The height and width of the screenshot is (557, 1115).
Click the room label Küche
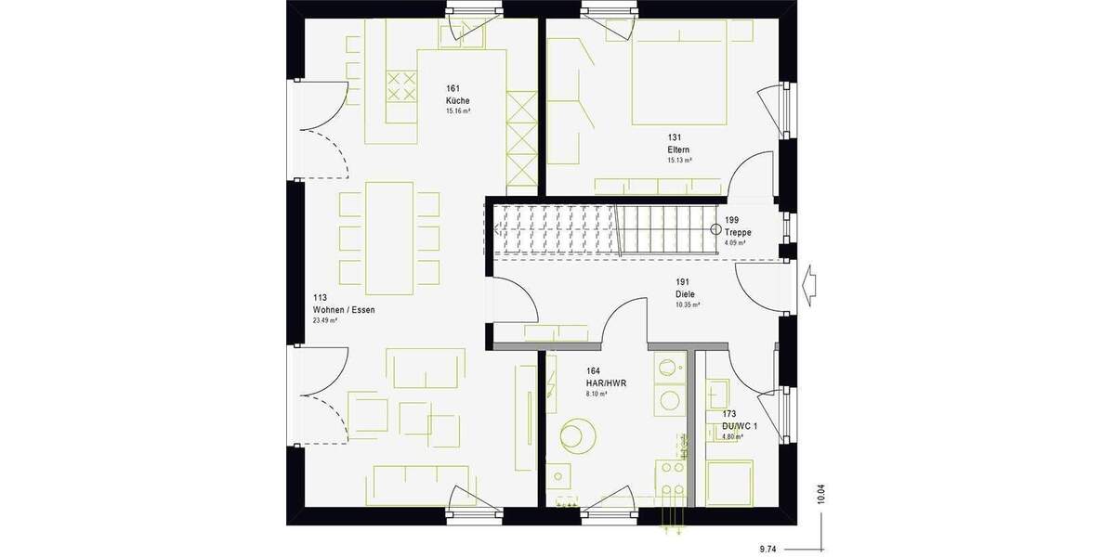pyautogui.click(x=457, y=100)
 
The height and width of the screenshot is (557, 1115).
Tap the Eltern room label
pyautogui.click(x=677, y=149)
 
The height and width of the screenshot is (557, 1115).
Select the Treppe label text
pyautogui.click(x=740, y=233)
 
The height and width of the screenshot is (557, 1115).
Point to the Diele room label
pyautogui.click(x=685, y=295)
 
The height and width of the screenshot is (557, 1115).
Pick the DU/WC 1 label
pyautogui.click(x=740, y=426)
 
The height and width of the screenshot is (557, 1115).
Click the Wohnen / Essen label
pyautogui.click(x=344, y=310)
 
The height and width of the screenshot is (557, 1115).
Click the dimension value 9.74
pyautogui.click(x=767, y=550)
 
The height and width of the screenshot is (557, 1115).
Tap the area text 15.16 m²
pyautogui.click(x=458, y=111)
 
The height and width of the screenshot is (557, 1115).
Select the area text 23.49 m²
pyautogui.click(x=325, y=320)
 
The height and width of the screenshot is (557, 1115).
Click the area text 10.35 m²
pyautogui.click(x=688, y=304)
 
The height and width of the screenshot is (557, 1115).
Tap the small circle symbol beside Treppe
pyautogui.click(x=716, y=228)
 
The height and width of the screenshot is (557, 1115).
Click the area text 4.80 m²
pyautogui.click(x=733, y=435)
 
